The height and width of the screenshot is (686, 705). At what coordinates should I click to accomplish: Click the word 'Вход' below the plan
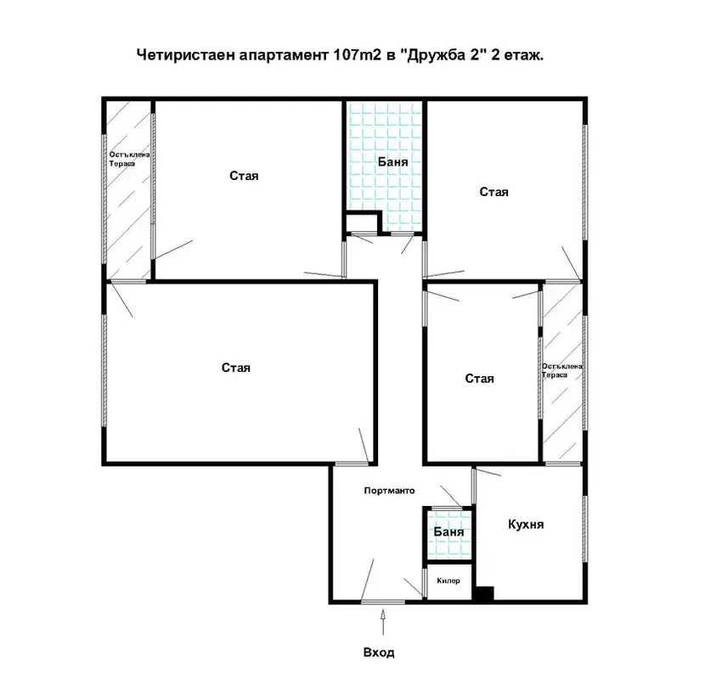(x=379, y=652)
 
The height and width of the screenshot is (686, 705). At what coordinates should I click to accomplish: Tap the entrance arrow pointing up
(x=383, y=621)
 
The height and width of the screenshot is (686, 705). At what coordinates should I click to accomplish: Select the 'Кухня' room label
(x=526, y=525)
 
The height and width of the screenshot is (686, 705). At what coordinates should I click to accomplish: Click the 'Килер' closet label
(x=448, y=581)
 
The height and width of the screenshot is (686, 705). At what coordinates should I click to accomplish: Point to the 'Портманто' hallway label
(x=389, y=491)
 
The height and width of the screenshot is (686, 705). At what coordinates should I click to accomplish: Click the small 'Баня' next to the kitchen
(x=448, y=531)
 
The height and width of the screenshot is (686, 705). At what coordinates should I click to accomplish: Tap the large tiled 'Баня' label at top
(x=393, y=162)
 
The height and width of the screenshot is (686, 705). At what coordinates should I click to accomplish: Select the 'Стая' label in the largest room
(x=236, y=368)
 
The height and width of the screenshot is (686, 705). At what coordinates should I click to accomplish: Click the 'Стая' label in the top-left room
(x=244, y=176)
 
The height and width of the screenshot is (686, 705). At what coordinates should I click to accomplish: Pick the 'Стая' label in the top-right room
(x=494, y=192)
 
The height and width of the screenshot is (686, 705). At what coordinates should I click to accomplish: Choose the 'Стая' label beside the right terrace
(x=479, y=379)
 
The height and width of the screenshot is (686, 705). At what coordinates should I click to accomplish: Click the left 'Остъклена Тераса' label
(x=129, y=159)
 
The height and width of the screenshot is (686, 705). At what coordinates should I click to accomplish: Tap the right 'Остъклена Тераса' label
(x=562, y=370)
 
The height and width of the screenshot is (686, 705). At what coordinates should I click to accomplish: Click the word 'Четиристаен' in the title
(x=186, y=55)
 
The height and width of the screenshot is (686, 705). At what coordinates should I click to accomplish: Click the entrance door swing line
(x=367, y=580)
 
